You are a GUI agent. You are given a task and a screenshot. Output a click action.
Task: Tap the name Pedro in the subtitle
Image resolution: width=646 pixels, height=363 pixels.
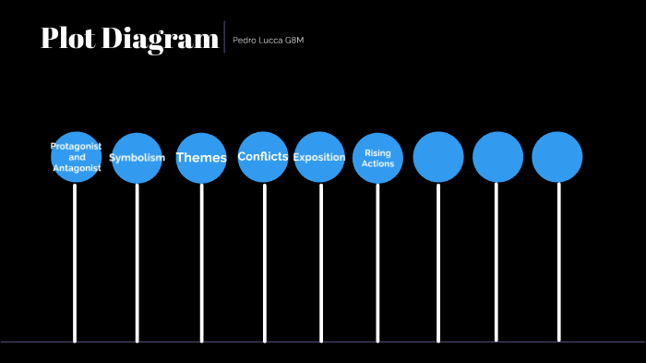coord(245,41)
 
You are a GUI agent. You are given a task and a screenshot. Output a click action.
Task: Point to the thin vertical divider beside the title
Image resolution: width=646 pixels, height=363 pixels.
coord(224,37)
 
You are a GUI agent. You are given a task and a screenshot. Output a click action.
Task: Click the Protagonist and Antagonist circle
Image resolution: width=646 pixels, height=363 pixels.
coord(76,157)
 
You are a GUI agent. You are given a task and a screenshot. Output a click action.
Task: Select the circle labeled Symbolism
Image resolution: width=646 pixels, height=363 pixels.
coord(137,158)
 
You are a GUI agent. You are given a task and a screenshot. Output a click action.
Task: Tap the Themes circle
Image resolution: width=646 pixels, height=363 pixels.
coord(201,158)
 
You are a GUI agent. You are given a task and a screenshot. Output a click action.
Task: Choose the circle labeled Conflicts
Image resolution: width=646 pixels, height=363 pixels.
coord(263,157)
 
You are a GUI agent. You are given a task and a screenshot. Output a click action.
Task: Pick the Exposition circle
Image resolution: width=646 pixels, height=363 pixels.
coord(319,157)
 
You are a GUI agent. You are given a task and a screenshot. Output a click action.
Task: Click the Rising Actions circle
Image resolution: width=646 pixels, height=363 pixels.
coord(377,158)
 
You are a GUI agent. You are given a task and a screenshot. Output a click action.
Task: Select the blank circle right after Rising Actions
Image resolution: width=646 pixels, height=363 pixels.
coord(438,157)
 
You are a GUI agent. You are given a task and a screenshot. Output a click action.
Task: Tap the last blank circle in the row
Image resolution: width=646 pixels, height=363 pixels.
coord(557,157)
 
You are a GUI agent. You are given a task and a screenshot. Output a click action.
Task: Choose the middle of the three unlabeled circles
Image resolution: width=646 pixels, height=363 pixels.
coord(497,157)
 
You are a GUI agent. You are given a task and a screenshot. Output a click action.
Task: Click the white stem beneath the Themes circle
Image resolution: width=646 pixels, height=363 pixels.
coord(201,263)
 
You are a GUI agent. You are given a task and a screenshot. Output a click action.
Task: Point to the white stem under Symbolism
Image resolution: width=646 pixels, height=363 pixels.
coord(137,263)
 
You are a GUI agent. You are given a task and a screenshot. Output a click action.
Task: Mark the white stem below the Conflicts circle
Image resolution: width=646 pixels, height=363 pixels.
coord(264,263)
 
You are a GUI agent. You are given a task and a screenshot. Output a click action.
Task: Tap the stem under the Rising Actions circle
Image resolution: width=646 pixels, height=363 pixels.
coord(377,263)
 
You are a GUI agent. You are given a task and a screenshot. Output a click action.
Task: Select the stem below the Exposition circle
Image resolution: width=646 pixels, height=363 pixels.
coord(320,263)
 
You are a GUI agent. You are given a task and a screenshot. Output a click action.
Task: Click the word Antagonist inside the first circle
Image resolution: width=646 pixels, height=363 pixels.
coord(76,168)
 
